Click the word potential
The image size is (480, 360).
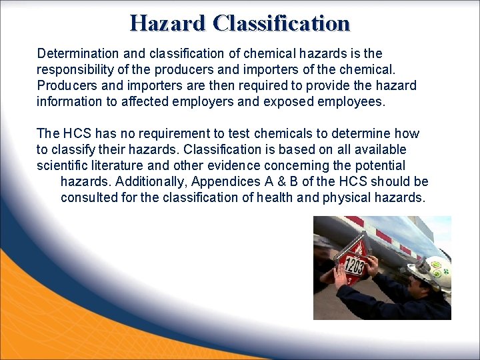click(381, 165)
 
